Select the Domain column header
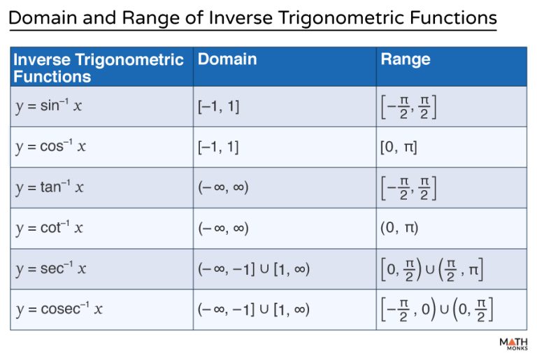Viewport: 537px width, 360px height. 227,59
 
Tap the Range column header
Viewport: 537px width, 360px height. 405,59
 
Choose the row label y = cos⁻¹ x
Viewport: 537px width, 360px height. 51,147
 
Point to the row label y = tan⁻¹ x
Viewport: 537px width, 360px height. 50,188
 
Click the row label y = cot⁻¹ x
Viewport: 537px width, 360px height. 50,229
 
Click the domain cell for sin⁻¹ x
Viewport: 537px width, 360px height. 218,107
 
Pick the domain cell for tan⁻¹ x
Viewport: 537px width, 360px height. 223,188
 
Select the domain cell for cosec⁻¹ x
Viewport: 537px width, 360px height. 254,309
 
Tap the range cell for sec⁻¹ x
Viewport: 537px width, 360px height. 432,269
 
